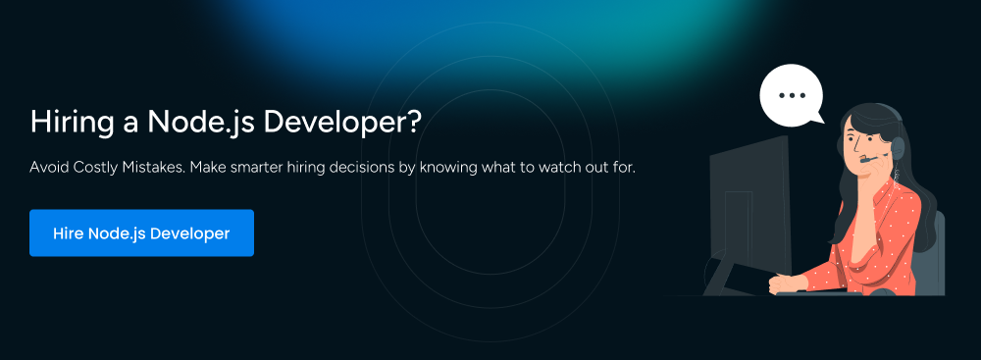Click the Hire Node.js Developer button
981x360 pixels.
pyautogui.click(x=141, y=233)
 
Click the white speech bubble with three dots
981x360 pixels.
pyautogui.click(x=791, y=96)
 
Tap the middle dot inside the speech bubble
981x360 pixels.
pyautogui.click(x=791, y=95)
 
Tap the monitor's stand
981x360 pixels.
pyautogui.click(x=726, y=270)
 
